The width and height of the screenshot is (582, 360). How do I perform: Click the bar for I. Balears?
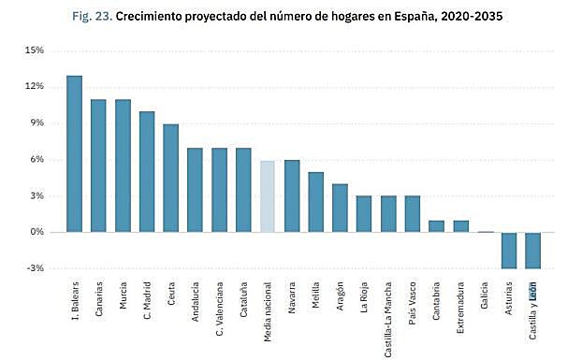pos(74,154)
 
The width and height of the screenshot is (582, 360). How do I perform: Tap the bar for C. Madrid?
pos(147,172)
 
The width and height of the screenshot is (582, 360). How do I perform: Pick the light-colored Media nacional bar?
pos(268,196)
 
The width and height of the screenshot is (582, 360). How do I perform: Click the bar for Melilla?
pos(316,202)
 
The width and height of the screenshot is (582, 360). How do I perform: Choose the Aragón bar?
pos(341,209)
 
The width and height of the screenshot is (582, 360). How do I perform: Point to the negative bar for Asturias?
pos(510,250)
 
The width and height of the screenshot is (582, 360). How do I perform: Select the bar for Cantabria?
pos(437,226)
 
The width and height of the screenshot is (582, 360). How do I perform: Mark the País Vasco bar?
pos(413,214)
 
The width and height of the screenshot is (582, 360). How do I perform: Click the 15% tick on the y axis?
pos(34,50)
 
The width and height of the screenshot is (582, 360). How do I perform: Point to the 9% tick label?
pos(36,122)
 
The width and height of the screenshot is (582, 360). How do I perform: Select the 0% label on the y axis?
pos(36,232)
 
